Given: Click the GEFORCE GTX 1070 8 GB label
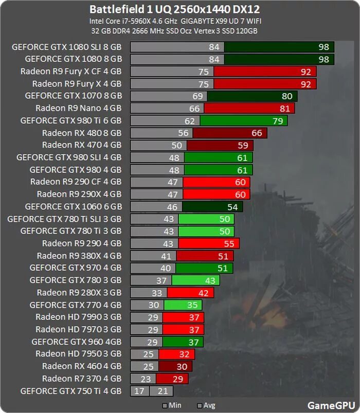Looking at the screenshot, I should tap(73, 96).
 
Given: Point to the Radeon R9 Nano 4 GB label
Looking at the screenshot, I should tap(78, 108).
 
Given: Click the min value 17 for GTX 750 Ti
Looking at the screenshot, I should tap(139, 391).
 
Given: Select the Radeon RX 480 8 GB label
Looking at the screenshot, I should tap(82, 133).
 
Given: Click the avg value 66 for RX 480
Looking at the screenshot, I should tap(256, 133).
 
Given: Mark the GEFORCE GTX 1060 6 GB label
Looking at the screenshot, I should tap(73, 207).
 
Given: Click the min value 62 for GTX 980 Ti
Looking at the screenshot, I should tap(190, 121).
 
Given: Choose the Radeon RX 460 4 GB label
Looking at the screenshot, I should tap(82, 366).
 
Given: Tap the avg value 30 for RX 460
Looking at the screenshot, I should tap(182, 367).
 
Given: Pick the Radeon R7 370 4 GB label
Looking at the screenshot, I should tap(82, 379).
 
